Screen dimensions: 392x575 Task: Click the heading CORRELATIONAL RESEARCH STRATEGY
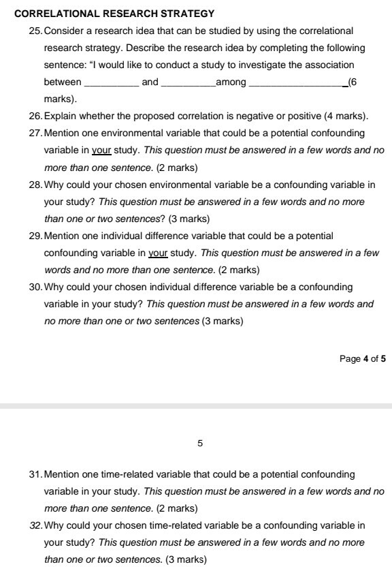point(114,13)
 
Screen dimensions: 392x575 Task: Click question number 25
point(35,31)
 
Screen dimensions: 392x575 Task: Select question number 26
point(35,116)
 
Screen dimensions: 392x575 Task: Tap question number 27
point(35,133)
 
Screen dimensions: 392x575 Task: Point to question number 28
point(35,185)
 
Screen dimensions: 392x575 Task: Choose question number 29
point(35,236)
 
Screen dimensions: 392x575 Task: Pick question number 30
point(35,287)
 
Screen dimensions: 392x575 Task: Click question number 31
point(35,474)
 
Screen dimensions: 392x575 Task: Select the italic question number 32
point(35,525)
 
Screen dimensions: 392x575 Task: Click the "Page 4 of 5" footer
point(362,358)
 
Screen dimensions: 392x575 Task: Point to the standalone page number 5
point(200,444)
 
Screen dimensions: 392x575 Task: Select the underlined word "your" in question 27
point(101,150)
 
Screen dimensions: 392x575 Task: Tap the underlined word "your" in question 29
point(158,253)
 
